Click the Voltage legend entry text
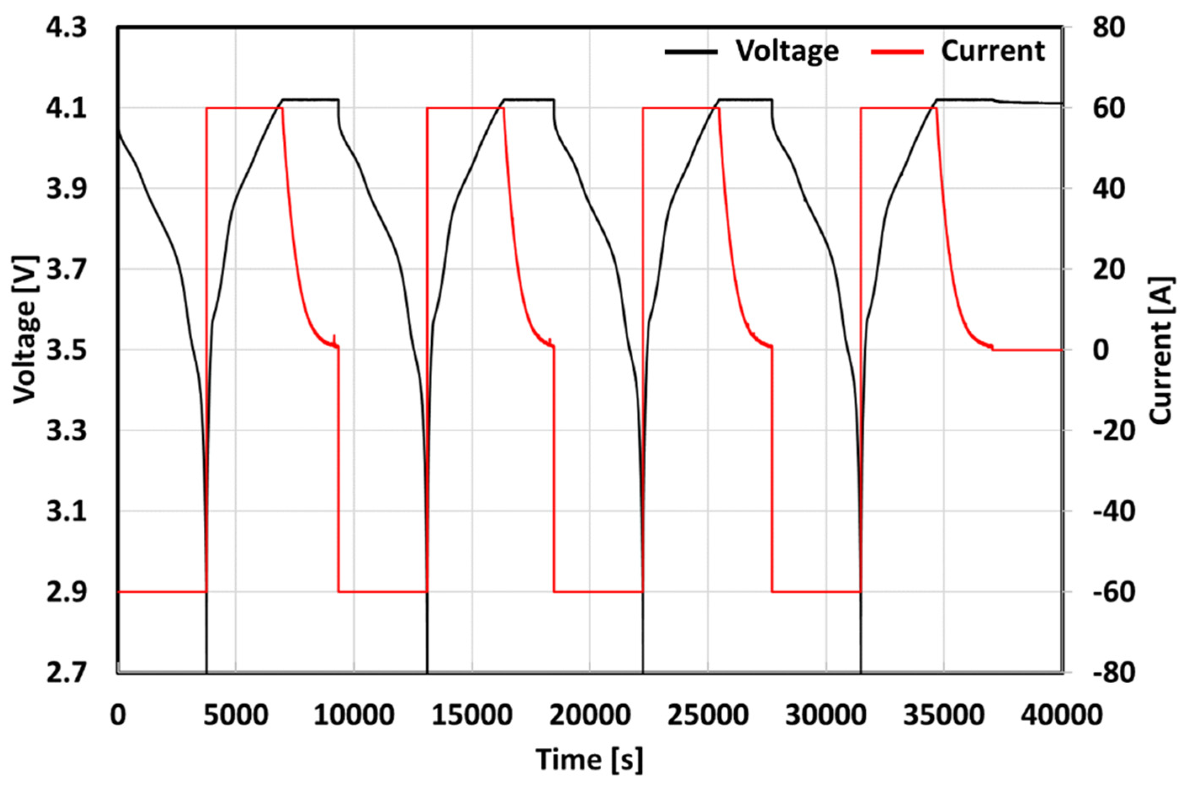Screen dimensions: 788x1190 [x=787, y=51]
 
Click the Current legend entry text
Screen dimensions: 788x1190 [x=993, y=51]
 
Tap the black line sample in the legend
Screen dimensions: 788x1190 [x=691, y=52]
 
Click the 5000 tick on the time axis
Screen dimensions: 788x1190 [x=236, y=715]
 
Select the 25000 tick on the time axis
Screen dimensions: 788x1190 [x=708, y=715]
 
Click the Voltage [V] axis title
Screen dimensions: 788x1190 [x=25, y=330]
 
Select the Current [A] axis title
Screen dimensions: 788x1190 [x=1162, y=350]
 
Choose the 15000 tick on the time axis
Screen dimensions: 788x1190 [x=471, y=715]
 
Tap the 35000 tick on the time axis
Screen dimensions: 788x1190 [x=944, y=715]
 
